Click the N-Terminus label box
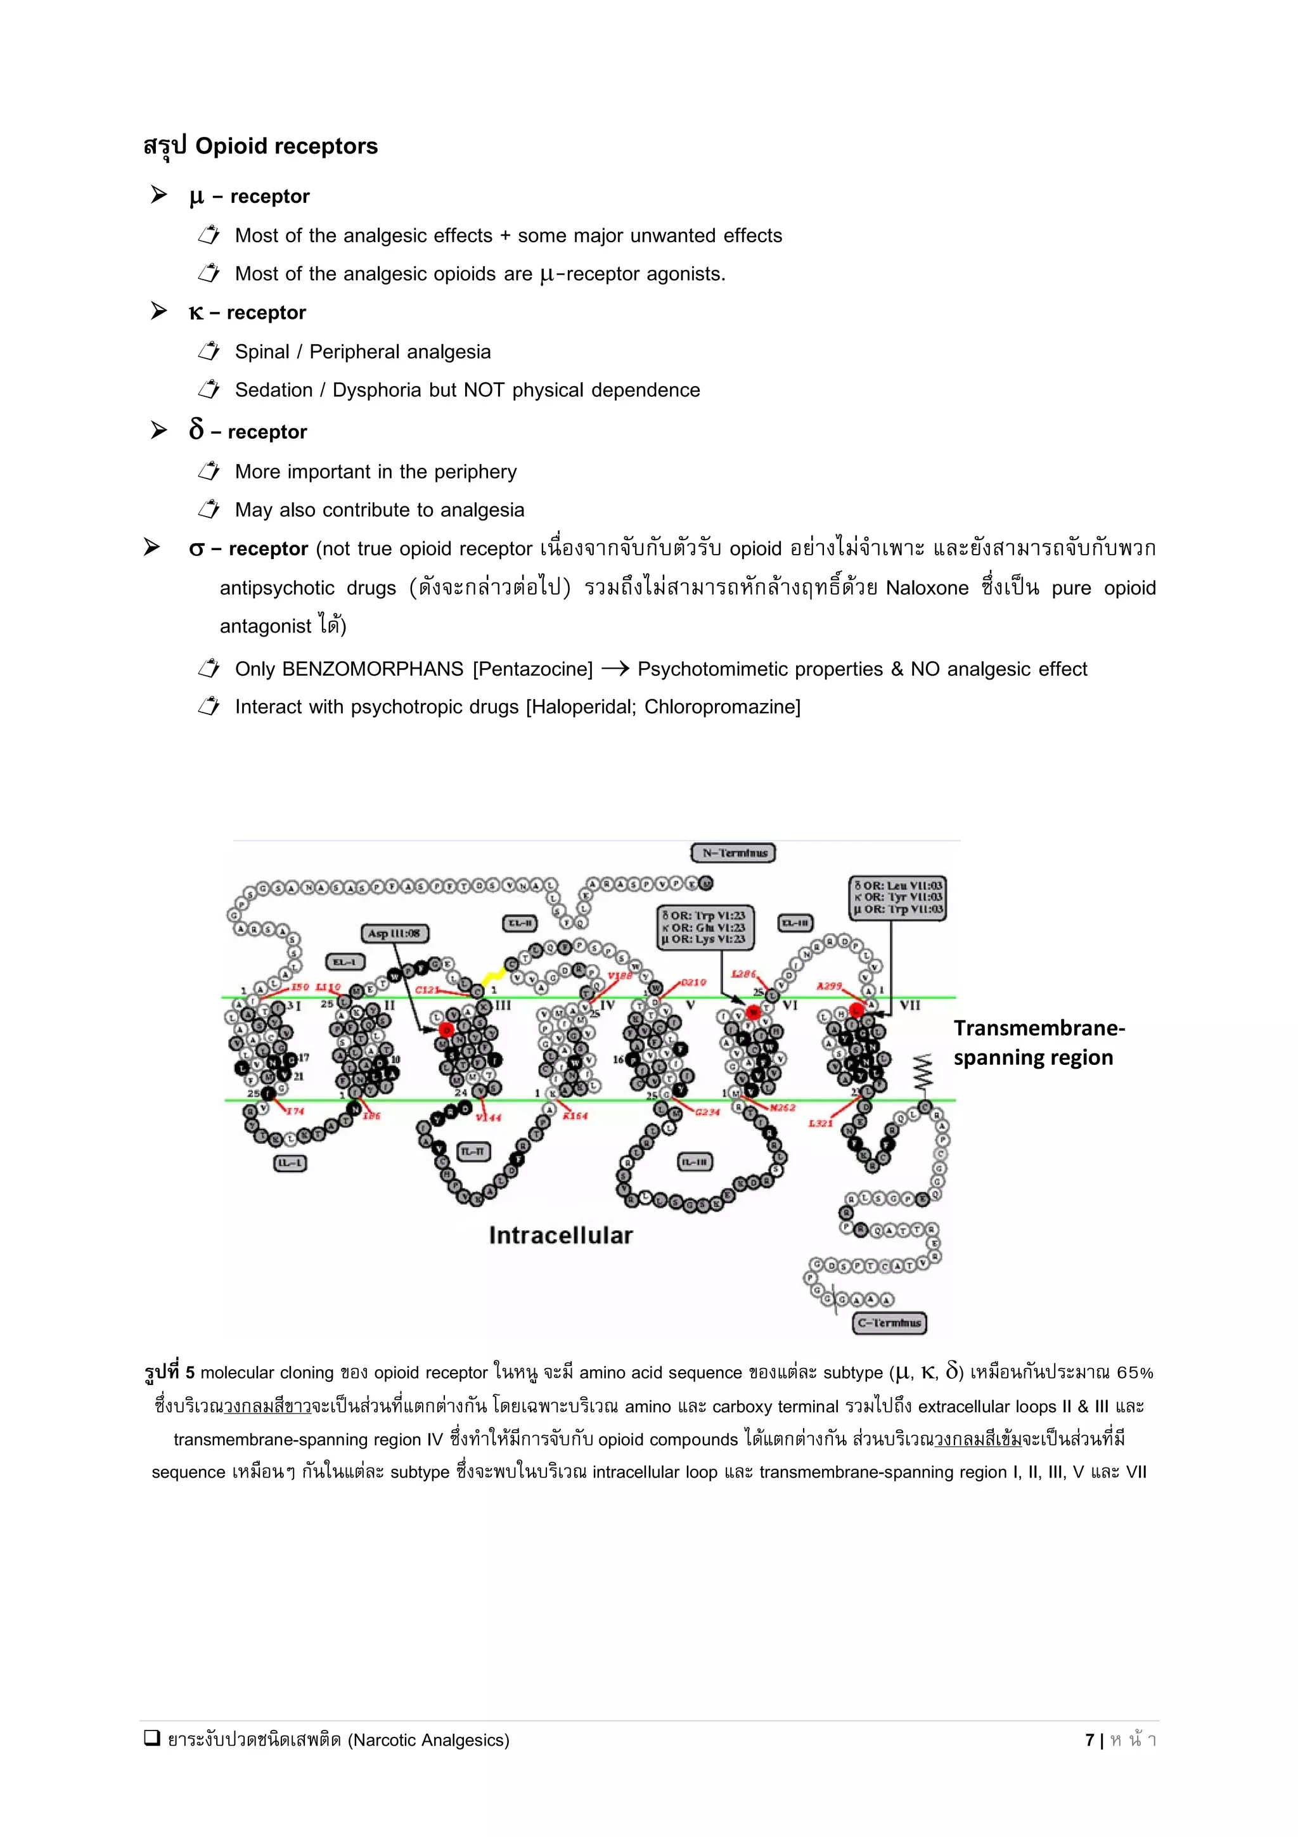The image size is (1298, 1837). (x=733, y=853)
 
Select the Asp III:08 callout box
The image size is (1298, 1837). (x=394, y=933)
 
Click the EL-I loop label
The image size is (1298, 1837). (x=345, y=962)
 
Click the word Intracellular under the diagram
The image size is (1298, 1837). (x=561, y=1235)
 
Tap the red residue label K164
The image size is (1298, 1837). (x=574, y=1116)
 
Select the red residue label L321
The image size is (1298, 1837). (x=819, y=1123)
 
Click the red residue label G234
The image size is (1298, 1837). (x=707, y=1112)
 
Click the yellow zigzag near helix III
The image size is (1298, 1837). (x=494, y=977)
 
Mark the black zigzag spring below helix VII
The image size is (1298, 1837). (x=923, y=1072)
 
